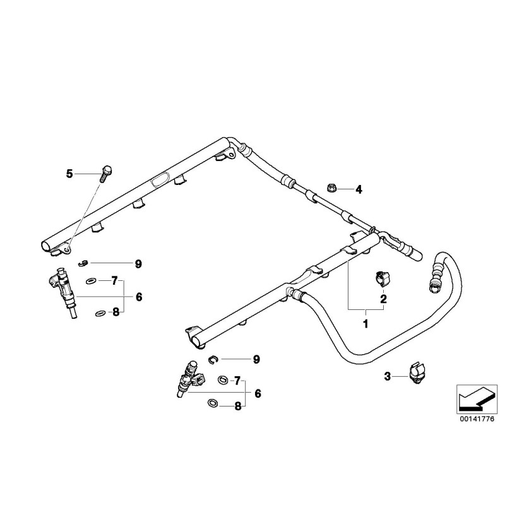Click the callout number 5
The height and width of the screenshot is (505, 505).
click(70, 173)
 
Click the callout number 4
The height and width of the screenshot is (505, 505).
click(359, 189)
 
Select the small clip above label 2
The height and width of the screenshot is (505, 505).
click(381, 278)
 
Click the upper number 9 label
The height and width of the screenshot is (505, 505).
click(138, 263)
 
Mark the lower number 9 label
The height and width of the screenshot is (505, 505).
click(256, 360)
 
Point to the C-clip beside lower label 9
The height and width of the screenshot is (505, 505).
click(213, 359)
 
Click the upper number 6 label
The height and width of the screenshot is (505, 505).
click(138, 296)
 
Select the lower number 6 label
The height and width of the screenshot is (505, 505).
click(258, 393)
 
